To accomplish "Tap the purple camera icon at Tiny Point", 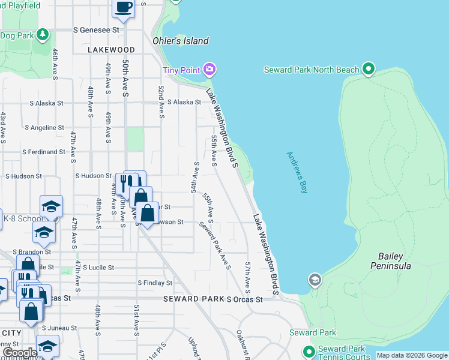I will pos(209,70).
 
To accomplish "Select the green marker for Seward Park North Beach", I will pos(369,70).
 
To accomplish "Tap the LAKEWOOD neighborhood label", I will pos(111,50).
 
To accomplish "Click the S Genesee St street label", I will pos(96,29).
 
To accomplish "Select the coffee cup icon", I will pos(124,7).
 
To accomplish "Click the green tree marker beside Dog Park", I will pos(43,35).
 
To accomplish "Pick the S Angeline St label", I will pos(44,128).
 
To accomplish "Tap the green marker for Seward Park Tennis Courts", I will pos(309,352).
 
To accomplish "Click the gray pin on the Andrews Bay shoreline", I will pos(315,280).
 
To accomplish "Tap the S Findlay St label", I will pos(155,283).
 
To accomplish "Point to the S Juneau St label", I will pos(60,328).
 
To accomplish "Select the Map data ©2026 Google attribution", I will pos(412,355).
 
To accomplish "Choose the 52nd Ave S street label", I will pos(161,101).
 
